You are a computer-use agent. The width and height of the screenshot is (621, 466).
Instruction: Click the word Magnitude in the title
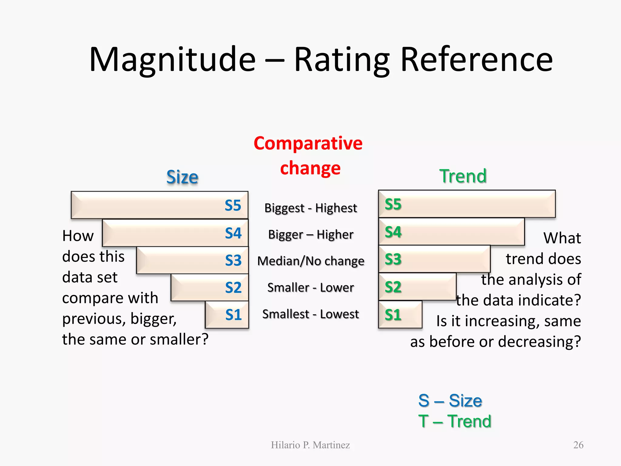click(x=172, y=60)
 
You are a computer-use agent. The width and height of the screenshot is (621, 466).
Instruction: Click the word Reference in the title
click(x=477, y=60)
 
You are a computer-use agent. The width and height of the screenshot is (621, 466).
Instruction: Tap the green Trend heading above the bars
click(x=463, y=176)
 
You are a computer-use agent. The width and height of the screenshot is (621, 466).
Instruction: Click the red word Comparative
click(x=308, y=143)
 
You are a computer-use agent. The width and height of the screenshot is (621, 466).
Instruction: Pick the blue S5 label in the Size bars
click(x=233, y=205)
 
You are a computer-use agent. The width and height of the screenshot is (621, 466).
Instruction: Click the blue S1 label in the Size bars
click(x=233, y=315)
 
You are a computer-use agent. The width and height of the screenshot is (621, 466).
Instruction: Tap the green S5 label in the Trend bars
click(x=393, y=204)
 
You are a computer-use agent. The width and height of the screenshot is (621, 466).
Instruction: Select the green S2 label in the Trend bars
click(x=393, y=287)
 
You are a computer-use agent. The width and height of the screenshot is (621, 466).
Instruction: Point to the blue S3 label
click(x=233, y=260)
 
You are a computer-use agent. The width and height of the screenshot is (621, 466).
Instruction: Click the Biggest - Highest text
click(x=310, y=208)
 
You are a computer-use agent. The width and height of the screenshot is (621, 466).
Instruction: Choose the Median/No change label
click(x=310, y=261)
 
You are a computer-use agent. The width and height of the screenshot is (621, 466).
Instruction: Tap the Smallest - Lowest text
click(x=310, y=314)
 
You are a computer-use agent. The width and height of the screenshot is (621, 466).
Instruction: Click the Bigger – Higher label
click(x=310, y=235)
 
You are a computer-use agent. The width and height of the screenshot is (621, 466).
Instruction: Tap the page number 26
click(x=578, y=445)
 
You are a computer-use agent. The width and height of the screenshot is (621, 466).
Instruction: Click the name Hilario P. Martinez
click(x=310, y=445)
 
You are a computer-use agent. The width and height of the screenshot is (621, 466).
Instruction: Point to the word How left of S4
click(x=78, y=236)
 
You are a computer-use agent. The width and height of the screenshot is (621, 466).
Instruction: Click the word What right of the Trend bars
click(x=562, y=238)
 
